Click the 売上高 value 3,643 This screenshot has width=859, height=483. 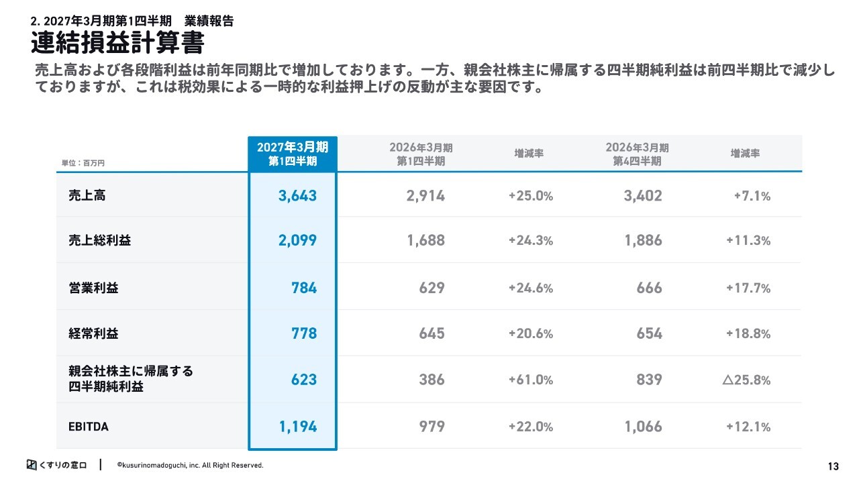(297, 196)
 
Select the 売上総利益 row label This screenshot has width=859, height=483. (100, 240)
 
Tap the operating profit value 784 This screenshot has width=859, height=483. (304, 288)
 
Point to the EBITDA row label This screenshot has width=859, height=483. (89, 427)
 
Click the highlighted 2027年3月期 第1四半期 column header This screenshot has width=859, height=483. (293, 154)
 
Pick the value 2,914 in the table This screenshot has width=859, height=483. (425, 196)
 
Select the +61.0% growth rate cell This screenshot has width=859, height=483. (531, 380)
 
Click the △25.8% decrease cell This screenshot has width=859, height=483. (746, 380)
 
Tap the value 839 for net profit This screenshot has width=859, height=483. (649, 380)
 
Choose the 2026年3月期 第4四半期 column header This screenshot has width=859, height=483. (637, 154)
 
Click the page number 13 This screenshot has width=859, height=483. (833, 466)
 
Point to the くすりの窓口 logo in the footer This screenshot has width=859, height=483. (57, 465)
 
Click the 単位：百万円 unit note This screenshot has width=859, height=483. (83, 163)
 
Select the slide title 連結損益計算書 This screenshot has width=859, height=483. (117, 42)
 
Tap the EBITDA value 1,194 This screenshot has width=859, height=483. (298, 427)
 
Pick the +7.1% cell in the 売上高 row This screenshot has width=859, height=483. (752, 197)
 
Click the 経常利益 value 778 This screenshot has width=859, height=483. (304, 333)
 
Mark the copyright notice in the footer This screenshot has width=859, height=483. (190, 466)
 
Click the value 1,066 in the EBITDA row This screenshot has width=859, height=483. (643, 427)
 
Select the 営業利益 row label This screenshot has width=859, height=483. (93, 288)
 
